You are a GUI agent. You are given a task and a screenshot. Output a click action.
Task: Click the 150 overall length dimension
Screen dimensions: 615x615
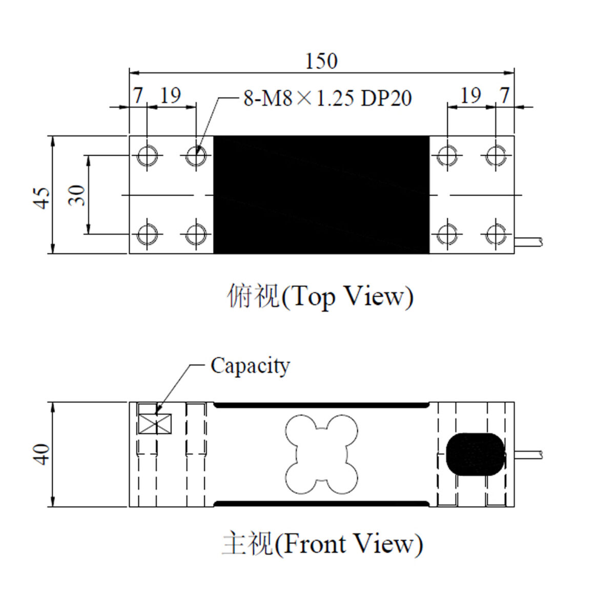(321, 61)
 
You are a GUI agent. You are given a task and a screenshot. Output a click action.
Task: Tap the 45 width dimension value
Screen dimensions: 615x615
(42, 198)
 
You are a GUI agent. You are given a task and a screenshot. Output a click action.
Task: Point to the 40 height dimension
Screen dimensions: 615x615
(42, 454)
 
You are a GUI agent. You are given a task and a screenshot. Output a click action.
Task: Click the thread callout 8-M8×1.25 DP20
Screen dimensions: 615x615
(327, 98)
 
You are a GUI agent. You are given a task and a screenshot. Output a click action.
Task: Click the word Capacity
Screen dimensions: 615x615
(250, 366)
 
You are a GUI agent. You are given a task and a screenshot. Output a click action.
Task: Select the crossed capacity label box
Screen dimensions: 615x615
(155, 424)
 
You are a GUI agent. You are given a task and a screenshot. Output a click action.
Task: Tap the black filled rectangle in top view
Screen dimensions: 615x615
(321, 195)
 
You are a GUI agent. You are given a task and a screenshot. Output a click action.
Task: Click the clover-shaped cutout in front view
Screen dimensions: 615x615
(321, 454)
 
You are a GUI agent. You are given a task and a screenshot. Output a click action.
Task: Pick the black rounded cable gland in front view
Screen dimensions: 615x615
(476, 454)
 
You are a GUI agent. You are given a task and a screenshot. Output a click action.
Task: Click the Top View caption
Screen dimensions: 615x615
(320, 297)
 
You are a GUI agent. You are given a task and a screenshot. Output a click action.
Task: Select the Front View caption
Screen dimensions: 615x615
(322, 544)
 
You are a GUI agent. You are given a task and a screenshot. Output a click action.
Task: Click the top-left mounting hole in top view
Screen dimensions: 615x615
(147, 156)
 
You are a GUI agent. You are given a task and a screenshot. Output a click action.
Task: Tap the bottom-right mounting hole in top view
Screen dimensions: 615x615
(496, 234)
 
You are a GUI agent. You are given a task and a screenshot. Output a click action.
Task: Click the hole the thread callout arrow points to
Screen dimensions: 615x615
(196, 156)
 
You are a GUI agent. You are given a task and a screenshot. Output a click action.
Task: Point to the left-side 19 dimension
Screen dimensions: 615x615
(171, 95)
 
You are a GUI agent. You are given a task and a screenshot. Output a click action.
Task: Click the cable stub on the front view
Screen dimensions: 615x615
(528, 454)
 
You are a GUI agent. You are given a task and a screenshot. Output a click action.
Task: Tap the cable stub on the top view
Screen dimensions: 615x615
(528, 241)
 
